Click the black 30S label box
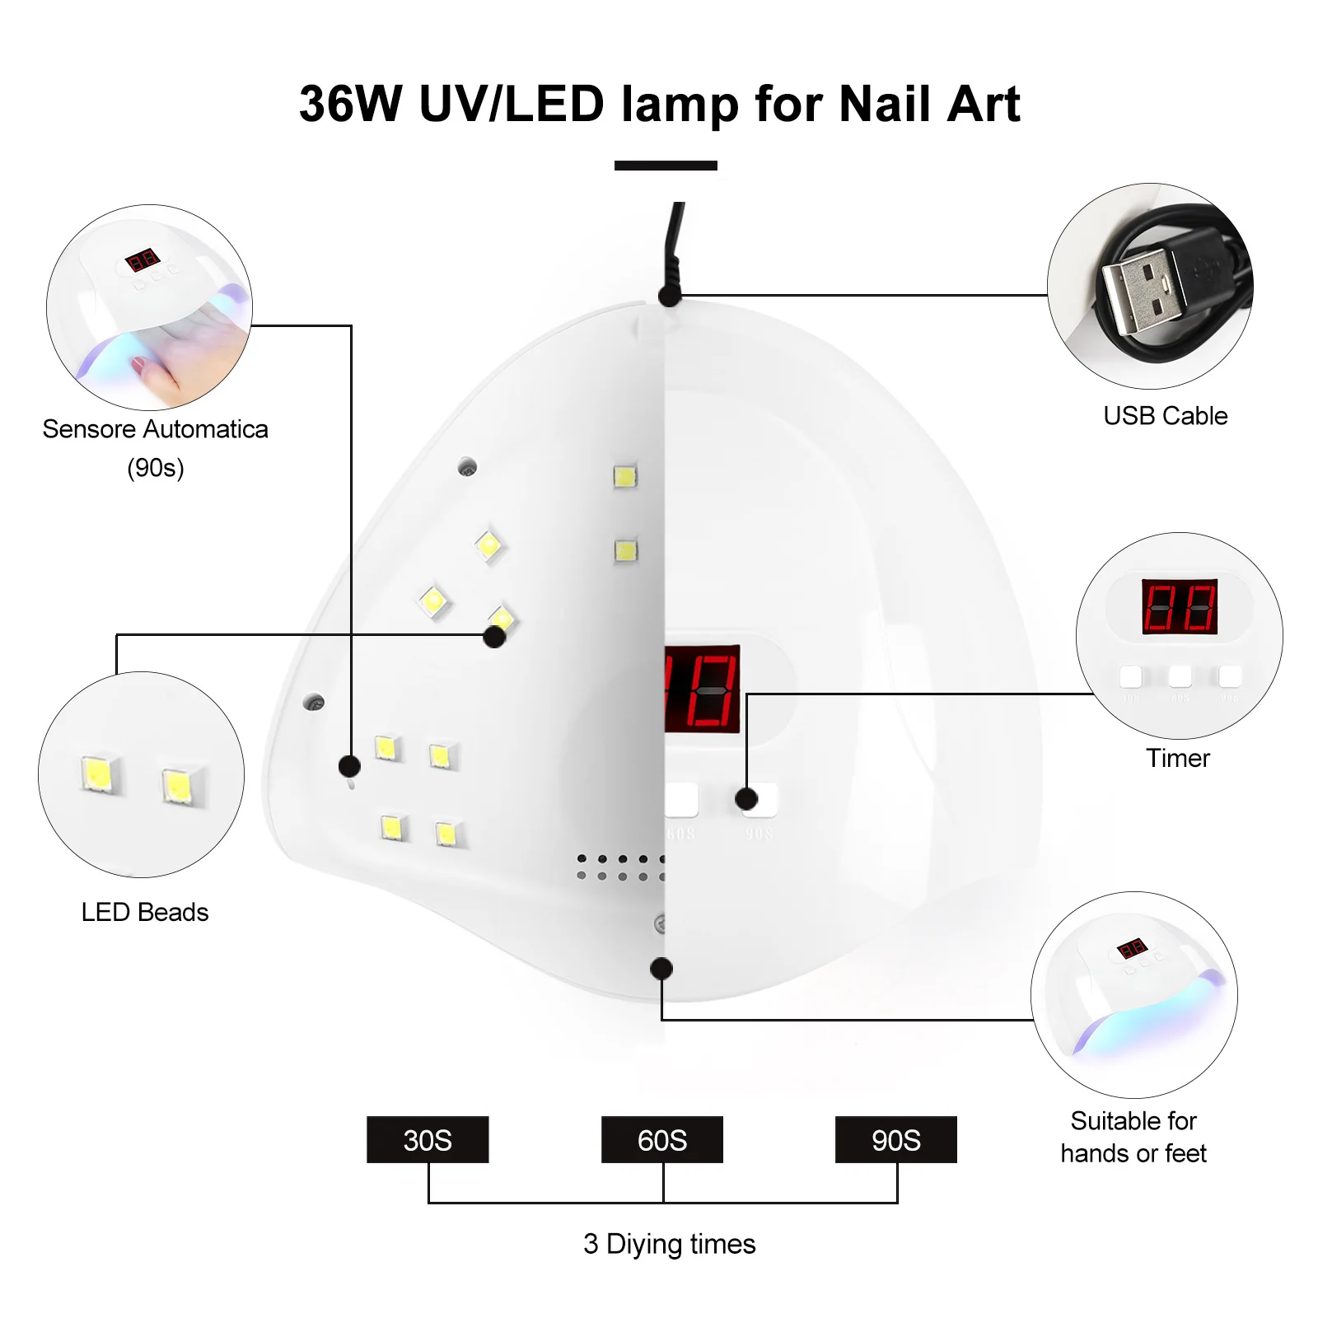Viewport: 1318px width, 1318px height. (x=428, y=1139)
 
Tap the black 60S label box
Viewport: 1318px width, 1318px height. (x=661, y=1139)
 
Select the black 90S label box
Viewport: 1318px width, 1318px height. (x=896, y=1139)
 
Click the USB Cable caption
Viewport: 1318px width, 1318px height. (x=1165, y=416)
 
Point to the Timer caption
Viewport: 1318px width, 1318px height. (x=1178, y=758)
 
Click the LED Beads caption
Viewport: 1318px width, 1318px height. (x=145, y=912)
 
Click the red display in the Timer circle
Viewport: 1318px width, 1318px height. (x=1179, y=606)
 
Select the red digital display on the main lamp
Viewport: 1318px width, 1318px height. (x=702, y=689)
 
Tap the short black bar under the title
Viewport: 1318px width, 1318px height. (x=666, y=166)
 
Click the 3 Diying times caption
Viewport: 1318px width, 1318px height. (x=669, y=1244)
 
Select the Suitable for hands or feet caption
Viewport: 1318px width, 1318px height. (x=1133, y=1137)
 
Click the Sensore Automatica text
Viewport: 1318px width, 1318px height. (x=155, y=429)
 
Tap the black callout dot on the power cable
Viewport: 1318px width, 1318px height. (x=670, y=295)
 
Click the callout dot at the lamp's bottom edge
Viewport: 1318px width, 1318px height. (x=661, y=969)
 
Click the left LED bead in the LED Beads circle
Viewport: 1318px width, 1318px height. (x=98, y=774)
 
